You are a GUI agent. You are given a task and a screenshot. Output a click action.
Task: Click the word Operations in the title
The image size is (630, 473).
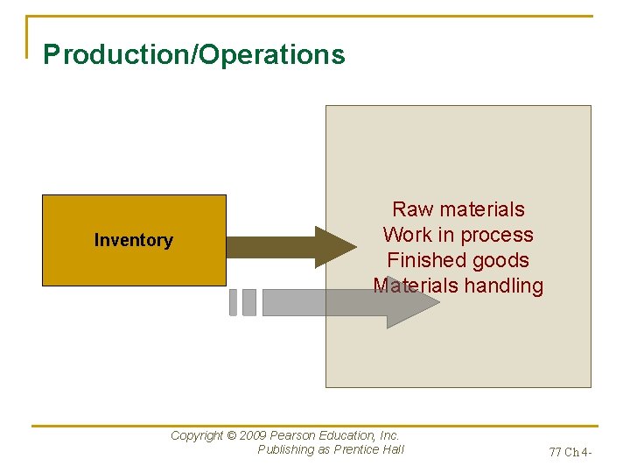(274, 55)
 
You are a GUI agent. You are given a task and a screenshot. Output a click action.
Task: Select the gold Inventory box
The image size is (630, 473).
(134, 240)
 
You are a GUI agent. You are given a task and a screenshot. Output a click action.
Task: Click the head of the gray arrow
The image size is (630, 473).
(411, 302)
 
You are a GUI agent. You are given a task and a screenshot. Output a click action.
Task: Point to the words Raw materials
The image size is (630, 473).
(458, 209)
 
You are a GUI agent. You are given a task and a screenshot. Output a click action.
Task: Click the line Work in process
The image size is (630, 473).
(458, 235)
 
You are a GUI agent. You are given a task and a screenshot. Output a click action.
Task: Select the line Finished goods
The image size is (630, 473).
(458, 260)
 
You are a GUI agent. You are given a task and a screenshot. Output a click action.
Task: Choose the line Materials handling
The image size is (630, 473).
(458, 286)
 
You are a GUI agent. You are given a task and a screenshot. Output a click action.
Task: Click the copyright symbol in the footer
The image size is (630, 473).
(231, 435)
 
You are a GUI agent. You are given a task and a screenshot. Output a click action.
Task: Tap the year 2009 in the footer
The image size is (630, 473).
(253, 435)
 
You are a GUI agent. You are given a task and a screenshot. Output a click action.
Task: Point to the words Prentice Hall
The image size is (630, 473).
(369, 450)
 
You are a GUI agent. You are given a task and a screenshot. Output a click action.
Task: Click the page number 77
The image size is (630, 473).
(556, 453)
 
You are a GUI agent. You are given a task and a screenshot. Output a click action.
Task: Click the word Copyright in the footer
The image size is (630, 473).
(197, 435)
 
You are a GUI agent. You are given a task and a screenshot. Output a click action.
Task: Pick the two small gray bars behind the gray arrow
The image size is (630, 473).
(242, 302)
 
